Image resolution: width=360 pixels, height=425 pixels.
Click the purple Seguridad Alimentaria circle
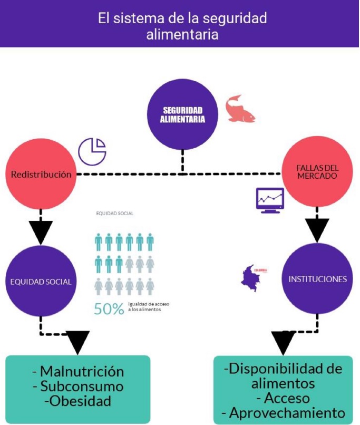(182, 114)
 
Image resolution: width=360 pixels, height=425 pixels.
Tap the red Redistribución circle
(41, 175)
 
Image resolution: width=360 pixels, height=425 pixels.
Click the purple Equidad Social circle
(41, 281)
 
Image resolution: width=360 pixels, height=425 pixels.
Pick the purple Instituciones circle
(317, 278)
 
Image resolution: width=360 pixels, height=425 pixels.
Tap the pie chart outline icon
(92, 150)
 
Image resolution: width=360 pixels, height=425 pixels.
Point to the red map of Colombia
(251, 279)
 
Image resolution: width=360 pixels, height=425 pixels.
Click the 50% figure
(109, 308)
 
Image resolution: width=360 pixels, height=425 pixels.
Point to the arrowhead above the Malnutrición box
(77, 342)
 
